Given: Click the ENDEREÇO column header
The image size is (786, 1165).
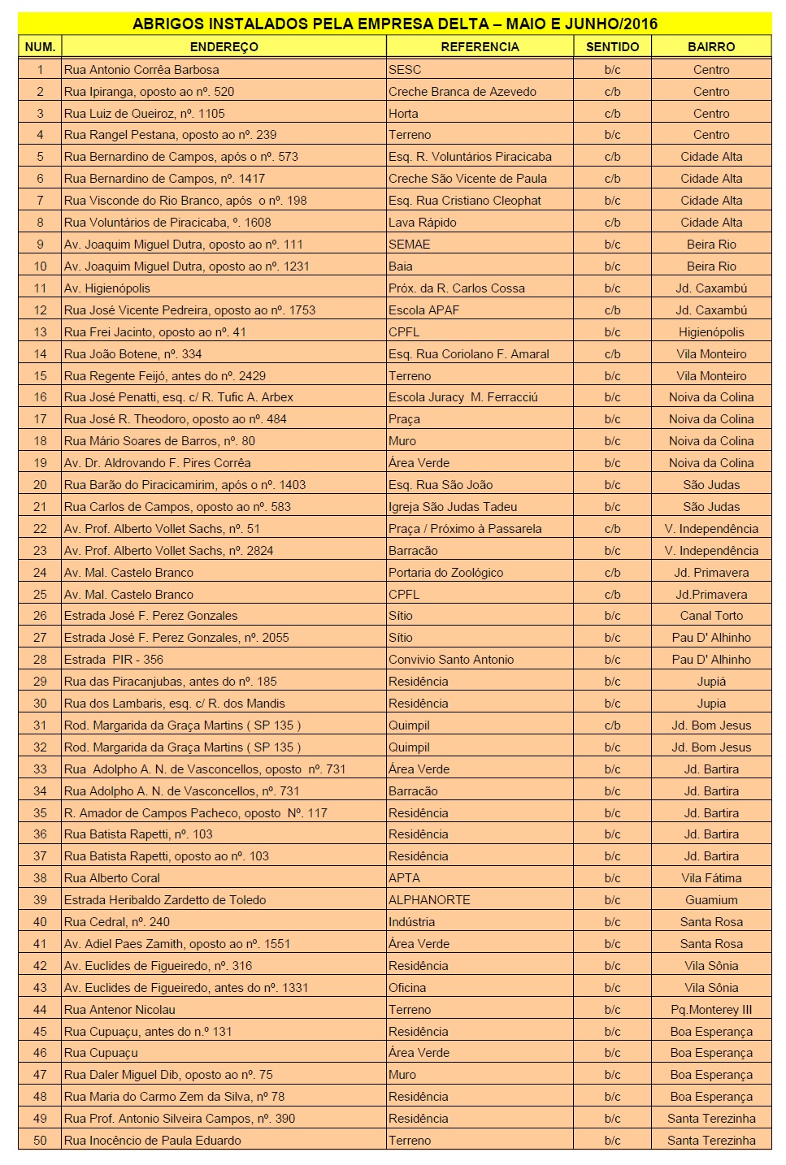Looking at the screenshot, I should (x=224, y=47).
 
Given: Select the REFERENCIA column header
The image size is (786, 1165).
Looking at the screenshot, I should (x=480, y=47).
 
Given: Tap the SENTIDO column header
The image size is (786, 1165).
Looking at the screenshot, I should (x=612, y=47).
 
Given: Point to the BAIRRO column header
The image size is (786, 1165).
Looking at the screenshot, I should (x=711, y=47).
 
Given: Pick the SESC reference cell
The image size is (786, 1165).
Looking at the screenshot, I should (x=405, y=70).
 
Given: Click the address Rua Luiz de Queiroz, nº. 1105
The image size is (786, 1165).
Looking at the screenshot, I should (x=145, y=114).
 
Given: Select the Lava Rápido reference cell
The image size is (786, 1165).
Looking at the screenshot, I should (x=423, y=223).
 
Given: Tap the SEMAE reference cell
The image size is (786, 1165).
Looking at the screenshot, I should (x=410, y=245).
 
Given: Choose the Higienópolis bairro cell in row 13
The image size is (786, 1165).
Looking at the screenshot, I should (x=711, y=332).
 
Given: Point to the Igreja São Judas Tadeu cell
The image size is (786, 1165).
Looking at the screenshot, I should (x=453, y=507).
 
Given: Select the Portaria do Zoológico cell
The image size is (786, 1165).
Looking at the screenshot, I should (x=446, y=573).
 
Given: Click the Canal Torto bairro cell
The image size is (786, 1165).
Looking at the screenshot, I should (x=711, y=616).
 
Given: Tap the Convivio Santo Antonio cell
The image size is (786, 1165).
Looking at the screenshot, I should (x=451, y=660).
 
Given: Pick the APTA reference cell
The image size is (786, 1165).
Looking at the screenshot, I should (x=405, y=878).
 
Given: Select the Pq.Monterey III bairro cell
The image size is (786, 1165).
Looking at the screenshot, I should (x=711, y=1010).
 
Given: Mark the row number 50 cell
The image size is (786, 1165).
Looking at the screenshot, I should (x=40, y=1141).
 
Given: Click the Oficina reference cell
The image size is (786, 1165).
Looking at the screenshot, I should (x=407, y=988).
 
